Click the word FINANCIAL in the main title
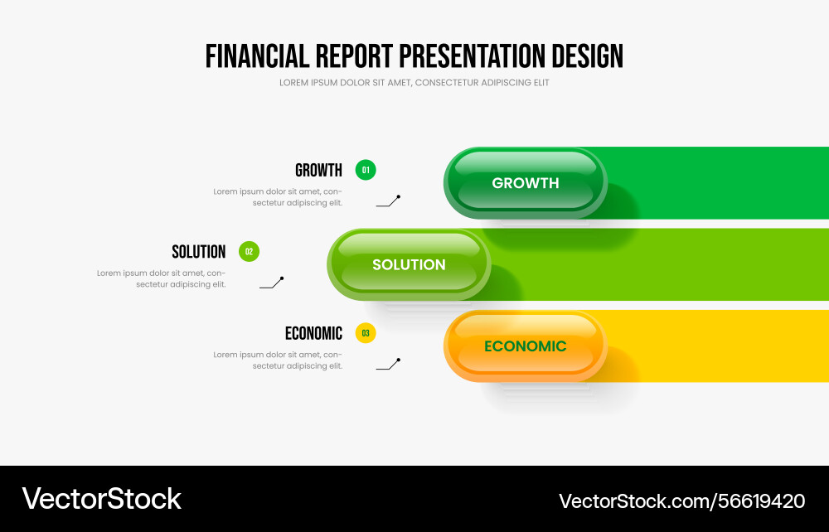[258, 56]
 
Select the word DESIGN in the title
[588, 56]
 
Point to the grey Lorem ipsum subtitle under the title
[414, 82]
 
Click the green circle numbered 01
[366, 170]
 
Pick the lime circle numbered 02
[249, 251]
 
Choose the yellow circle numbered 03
[366, 333]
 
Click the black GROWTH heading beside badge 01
[319, 170]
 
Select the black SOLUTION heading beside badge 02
[199, 251]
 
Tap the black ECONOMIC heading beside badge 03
[313, 333]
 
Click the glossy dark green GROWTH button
[526, 183]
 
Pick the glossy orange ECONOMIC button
[526, 346]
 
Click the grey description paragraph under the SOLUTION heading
[162, 278]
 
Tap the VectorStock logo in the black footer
[101, 499]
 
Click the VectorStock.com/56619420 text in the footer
[682, 501]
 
